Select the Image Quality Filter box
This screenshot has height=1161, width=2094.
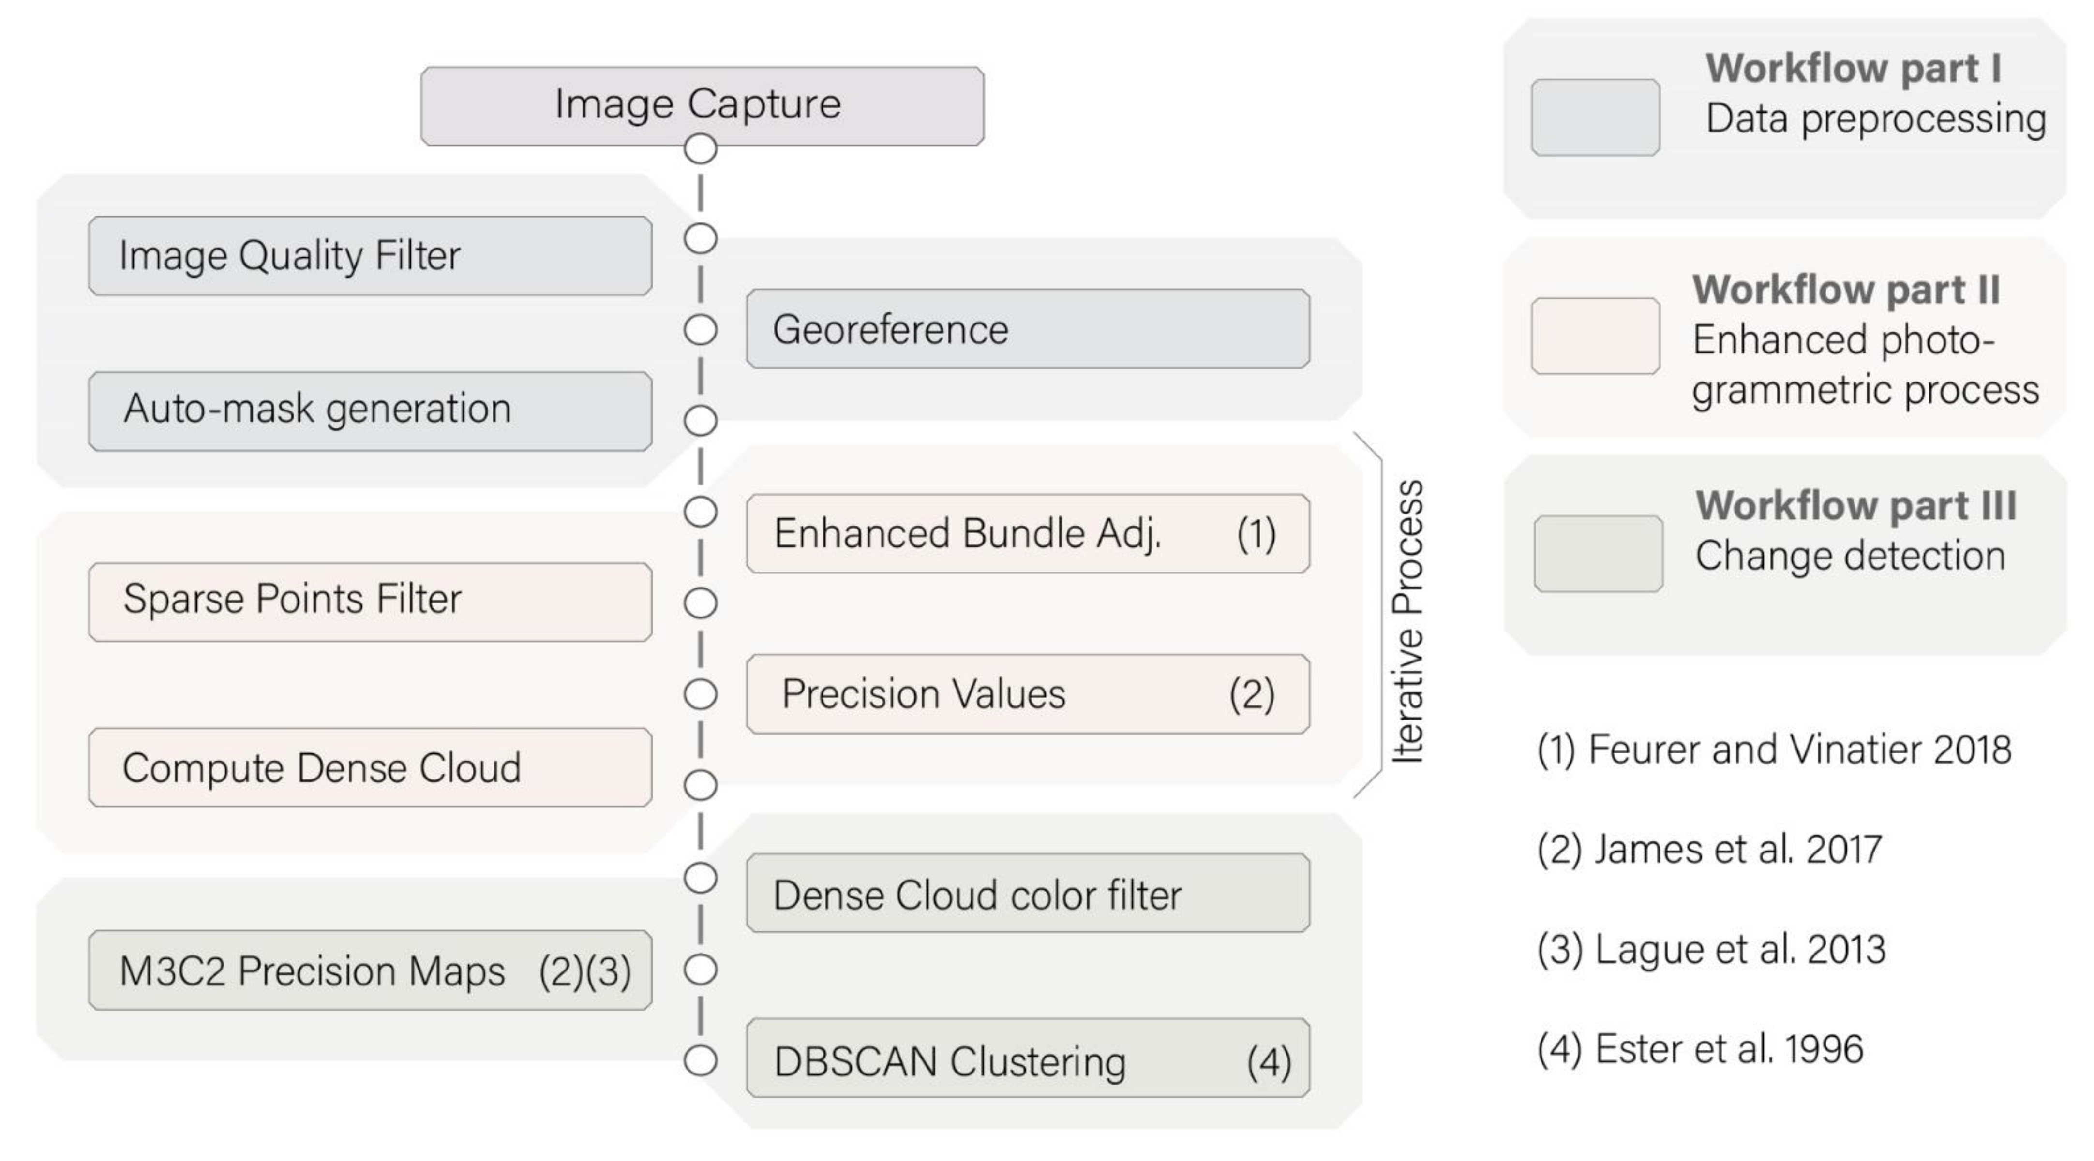(x=370, y=255)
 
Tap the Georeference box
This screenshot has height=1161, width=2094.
(x=1028, y=329)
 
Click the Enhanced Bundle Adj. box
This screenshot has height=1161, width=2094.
(x=1028, y=534)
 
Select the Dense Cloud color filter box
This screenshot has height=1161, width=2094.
(x=1028, y=893)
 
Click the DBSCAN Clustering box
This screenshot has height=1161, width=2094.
(x=1028, y=1058)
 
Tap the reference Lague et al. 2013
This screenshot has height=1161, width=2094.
(x=1710, y=949)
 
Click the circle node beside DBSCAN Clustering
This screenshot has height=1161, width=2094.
(x=700, y=1060)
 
